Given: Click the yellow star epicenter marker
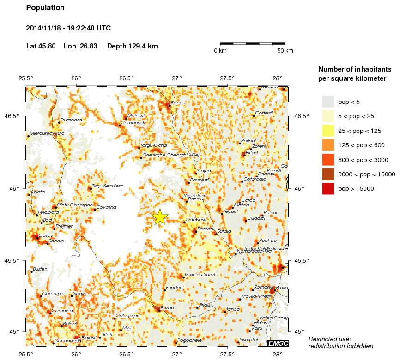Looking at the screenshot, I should [x=160, y=217].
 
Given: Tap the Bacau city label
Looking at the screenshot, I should [x=178, y=102].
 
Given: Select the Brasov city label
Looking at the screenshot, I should [x=46, y=235].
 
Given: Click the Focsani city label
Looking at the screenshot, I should [x=206, y=229].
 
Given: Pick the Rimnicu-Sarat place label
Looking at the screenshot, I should [x=200, y=274].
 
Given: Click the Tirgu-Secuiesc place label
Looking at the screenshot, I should [x=108, y=186].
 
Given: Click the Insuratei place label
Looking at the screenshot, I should [x=248, y=339].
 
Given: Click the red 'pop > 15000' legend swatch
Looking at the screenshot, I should [x=328, y=189].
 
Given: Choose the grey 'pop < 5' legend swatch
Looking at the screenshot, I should [x=328, y=102].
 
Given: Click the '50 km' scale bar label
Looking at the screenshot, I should [x=285, y=51].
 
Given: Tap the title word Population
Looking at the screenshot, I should [x=45, y=8].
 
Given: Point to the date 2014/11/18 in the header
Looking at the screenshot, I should [x=44, y=28].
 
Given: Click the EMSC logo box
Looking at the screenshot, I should [x=278, y=343].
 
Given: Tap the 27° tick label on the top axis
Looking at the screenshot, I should [x=177, y=78].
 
